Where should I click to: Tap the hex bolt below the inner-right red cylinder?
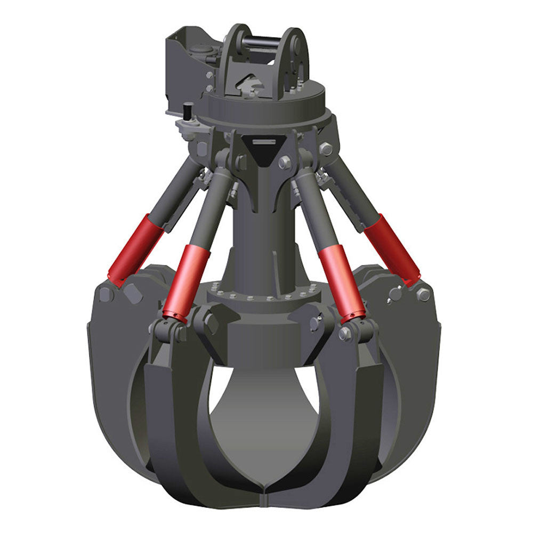tap(345, 334)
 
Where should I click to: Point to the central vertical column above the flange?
tap(261, 235)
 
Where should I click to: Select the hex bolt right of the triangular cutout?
tap(284, 162)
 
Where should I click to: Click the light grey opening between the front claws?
tap(264, 410)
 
